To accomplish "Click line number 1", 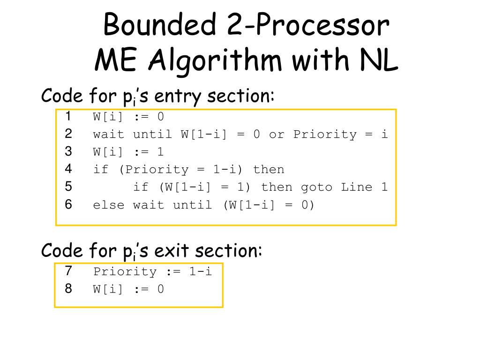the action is pos(68,116).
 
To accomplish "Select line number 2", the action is pos(68,134).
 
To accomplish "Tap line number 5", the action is pos(68,187).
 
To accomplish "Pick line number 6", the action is pos(68,204).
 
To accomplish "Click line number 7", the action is pos(68,271).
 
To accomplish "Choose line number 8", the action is pos(68,289).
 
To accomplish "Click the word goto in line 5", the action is pos(316,187).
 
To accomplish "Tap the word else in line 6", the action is pos(109,205).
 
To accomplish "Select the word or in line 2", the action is pos(277,135).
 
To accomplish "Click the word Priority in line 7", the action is pos(125,272).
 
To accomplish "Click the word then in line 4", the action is pos(268,170).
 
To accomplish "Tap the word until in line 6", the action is pos(192,205).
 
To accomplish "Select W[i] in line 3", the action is pos(109,152).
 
